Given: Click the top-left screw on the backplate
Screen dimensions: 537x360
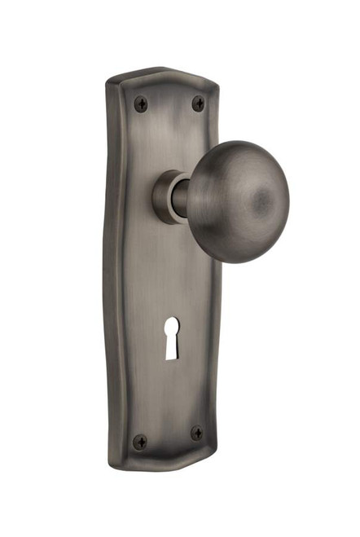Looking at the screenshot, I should pos(141,103).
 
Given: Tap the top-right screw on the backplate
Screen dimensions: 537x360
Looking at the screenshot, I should pos(198,103).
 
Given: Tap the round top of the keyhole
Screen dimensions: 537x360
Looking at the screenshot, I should pos(172,329).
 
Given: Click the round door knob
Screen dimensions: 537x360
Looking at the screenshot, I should pos(237,201).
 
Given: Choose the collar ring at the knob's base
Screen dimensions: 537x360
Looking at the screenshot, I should pos(165,197).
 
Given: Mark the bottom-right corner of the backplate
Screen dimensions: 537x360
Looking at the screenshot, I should pos(217,453).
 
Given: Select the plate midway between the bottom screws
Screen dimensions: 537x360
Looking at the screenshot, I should pos(168,438).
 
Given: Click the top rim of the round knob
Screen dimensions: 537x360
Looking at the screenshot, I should pos(236,144).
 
